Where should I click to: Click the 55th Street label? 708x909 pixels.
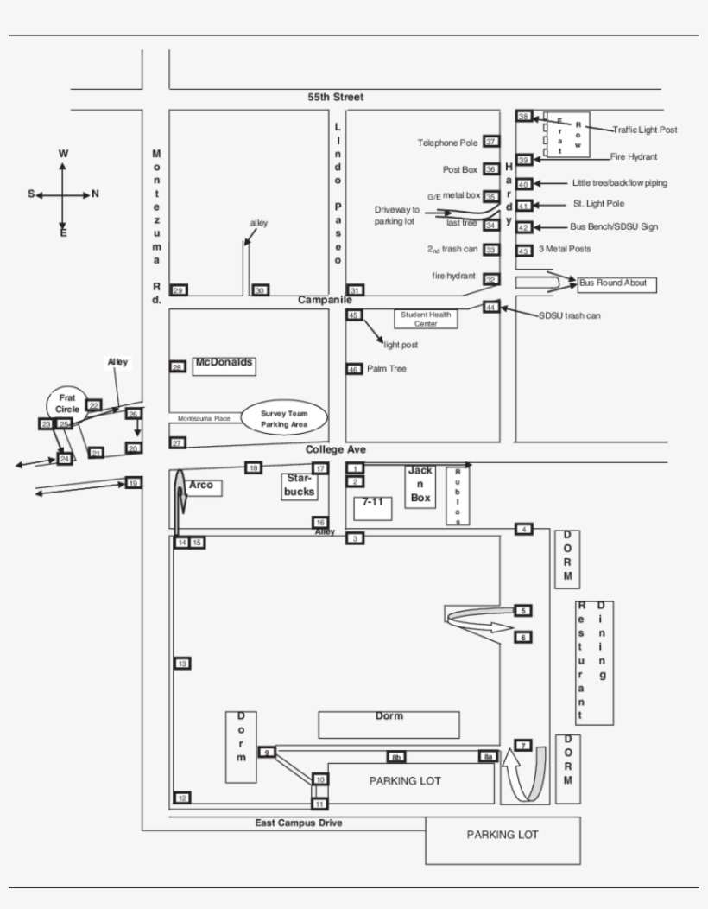click(336, 98)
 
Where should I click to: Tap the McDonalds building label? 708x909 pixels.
click(224, 364)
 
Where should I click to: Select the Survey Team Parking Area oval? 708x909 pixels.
click(284, 419)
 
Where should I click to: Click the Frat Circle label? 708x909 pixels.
click(67, 404)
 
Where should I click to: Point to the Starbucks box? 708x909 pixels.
click(300, 486)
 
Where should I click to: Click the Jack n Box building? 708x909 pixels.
click(420, 486)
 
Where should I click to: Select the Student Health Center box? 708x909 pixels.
click(426, 319)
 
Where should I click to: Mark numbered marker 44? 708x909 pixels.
click(490, 307)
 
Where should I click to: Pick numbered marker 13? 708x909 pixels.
click(182, 664)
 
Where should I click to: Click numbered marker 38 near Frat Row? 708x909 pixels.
click(523, 117)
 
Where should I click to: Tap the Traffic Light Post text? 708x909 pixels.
click(645, 130)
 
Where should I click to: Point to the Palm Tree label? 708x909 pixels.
click(386, 369)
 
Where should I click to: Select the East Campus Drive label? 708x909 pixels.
click(298, 823)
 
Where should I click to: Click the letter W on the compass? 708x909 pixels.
click(63, 154)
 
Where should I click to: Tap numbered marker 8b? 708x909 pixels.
click(396, 758)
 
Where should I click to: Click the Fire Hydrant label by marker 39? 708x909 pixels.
click(634, 157)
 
